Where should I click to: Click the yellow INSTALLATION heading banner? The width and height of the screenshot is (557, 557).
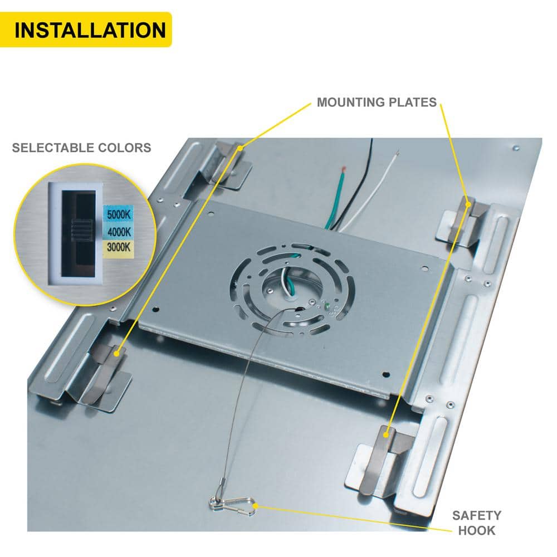pyautogui.click(x=86, y=30)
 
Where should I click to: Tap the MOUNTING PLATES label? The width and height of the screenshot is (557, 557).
pyautogui.click(x=377, y=102)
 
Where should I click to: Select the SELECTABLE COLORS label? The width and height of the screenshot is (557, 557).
pyautogui.click(x=82, y=148)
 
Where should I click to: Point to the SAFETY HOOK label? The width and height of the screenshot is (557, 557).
pyautogui.click(x=476, y=522)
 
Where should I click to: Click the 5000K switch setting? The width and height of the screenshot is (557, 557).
pyautogui.click(x=119, y=214)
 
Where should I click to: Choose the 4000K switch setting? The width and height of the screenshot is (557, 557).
pyautogui.click(x=119, y=232)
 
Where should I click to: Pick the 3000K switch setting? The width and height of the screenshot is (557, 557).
pyautogui.click(x=119, y=247)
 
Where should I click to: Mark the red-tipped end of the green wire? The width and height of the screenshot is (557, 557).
pyautogui.click(x=344, y=168)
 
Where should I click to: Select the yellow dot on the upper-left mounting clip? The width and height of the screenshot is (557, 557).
pyautogui.click(x=241, y=148)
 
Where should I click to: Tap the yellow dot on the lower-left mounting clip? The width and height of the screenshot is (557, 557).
pyautogui.click(x=116, y=354)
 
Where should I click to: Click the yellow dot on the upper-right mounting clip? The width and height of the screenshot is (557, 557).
pyautogui.click(x=468, y=204)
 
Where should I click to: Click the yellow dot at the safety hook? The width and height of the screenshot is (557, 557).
pyautogui.click(x=255, y=506)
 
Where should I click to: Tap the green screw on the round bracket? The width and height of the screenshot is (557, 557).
pyautogui.click(x=327, y=305)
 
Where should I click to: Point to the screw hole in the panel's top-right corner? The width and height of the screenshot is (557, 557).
pyautogui.click(x=516, y=148)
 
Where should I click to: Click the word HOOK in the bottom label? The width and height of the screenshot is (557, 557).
pyautogui.click(x=476, y=530)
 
